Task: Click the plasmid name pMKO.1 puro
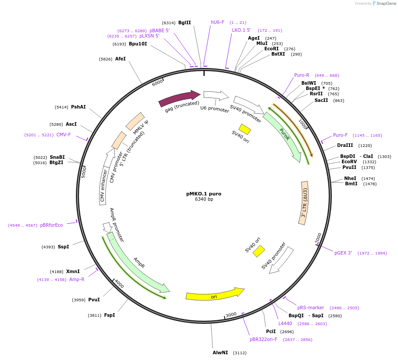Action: pos(204,194)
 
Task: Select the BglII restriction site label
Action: pos(184,22)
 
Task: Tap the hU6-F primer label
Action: pos(218,22)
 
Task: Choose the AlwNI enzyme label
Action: pos(220,352)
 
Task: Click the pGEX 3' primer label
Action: pos(343,253)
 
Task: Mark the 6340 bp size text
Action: pos(204,199)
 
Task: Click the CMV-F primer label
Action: pos(64,135)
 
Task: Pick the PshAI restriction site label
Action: pos(79,107)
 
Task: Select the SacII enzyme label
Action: pos(321,100)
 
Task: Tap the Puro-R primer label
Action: pos(302,75)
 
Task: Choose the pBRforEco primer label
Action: pos(51,225)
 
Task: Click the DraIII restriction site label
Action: pos(345,145)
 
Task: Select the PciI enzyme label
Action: pos(271,331)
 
